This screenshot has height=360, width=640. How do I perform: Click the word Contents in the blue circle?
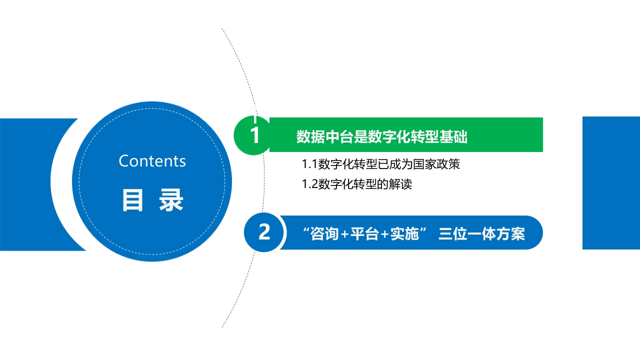152,161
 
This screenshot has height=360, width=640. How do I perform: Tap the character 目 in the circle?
132,200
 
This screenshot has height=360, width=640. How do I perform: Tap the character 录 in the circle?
171,200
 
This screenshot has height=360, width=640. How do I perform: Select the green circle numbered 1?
252,135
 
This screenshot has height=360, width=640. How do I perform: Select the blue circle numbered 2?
263,232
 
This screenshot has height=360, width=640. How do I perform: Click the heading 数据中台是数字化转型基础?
381,136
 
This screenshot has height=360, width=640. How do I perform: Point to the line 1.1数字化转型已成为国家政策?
380,164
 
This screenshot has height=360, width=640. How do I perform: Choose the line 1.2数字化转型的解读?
356,184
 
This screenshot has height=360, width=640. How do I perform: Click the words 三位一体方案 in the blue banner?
481,234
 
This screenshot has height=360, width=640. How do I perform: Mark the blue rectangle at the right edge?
611,183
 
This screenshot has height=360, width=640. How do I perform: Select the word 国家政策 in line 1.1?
436,164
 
